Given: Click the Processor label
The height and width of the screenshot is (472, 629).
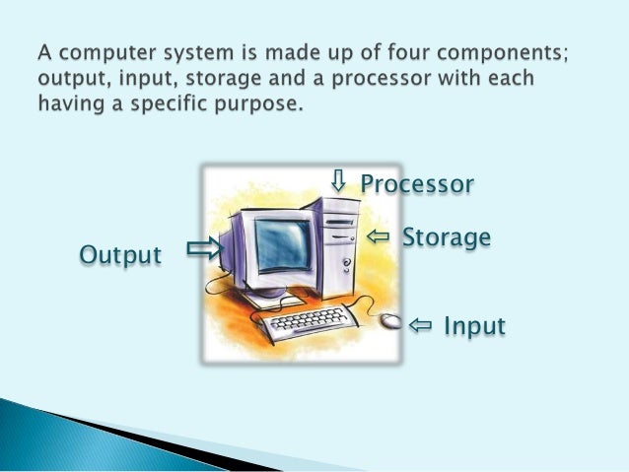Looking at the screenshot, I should pyautogui.click(x=417, y=184).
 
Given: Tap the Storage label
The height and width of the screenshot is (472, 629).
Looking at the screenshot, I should pyautogui.click(x=446, y=237).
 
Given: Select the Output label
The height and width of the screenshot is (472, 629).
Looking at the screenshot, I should pyautogui.click(x=119, y=255).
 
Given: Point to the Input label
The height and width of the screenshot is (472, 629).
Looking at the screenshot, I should pyautogui.click(x=474, y=325).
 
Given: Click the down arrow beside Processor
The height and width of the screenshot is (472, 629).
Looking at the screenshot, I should pyautogui.click(x=338, y=180).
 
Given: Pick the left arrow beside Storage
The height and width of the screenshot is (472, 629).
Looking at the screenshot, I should pyautogui.click(x=379, y=236).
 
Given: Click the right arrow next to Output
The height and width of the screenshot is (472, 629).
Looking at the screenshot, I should pyautogui.click(x=204, y=248).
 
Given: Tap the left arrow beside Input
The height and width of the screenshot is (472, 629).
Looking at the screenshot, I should pyautogui.click(x=420, y=324).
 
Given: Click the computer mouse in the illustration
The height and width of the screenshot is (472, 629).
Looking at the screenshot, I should pyautogui.click(x=390, y=321).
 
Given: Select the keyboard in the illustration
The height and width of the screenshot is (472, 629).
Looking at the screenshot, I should pyautogui.click(x=301, y=322).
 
